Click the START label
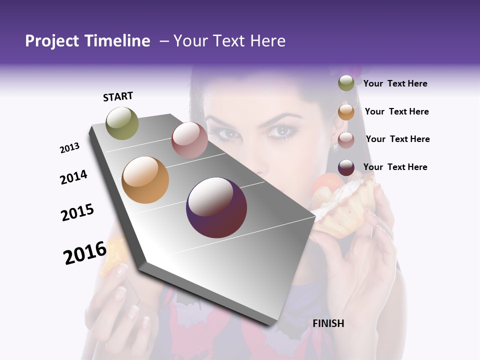point(118,96)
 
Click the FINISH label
point(328,323)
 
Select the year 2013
point(70,148)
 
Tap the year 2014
point(74,177)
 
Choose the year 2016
point(85,253)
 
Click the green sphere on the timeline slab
point(122,123)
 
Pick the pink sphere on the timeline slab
point(189,140)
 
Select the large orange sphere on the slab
point(145,180)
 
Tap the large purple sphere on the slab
point(216,207)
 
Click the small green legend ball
point(346,83)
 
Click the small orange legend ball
point(346,112)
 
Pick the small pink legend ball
point(346,140)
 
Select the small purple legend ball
point(346,167)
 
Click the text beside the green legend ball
point(395,83)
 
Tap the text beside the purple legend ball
point(395,167)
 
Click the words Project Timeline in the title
point(87,41)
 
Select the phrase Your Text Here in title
point(229,41)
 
